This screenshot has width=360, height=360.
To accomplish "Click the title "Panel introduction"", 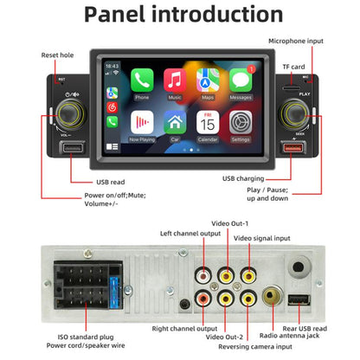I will (x=179, y=16).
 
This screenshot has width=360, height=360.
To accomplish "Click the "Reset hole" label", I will (x=58, y=55).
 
